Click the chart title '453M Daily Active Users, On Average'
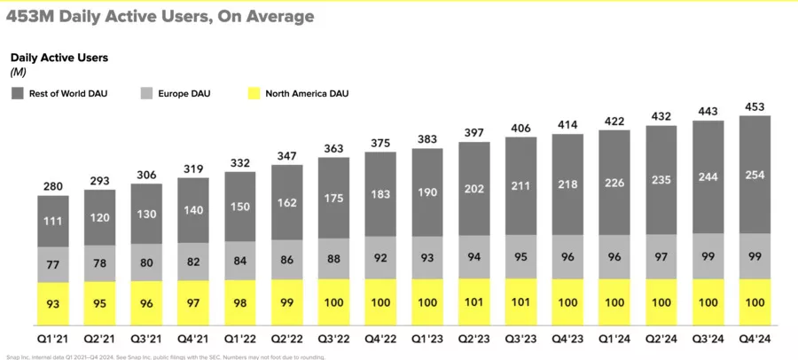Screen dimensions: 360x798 (x=160, y=16)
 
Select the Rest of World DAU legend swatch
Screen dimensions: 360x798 (x=17, y=93)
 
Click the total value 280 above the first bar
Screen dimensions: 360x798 (x=54, y=186)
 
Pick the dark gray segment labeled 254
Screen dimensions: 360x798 (x=754, y=175)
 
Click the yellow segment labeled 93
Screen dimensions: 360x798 (x=54, y=303)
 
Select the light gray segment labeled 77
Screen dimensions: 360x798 (x=54, y=264)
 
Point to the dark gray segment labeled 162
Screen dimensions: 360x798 (x=287, y=202)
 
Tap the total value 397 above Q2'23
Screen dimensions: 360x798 (x=473, y=132)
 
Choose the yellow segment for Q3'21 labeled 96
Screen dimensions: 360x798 (x=147, y=303)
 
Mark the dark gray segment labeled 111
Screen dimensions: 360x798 (x=54, y=220)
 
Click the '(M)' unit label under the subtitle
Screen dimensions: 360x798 (x=19, y=72)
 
